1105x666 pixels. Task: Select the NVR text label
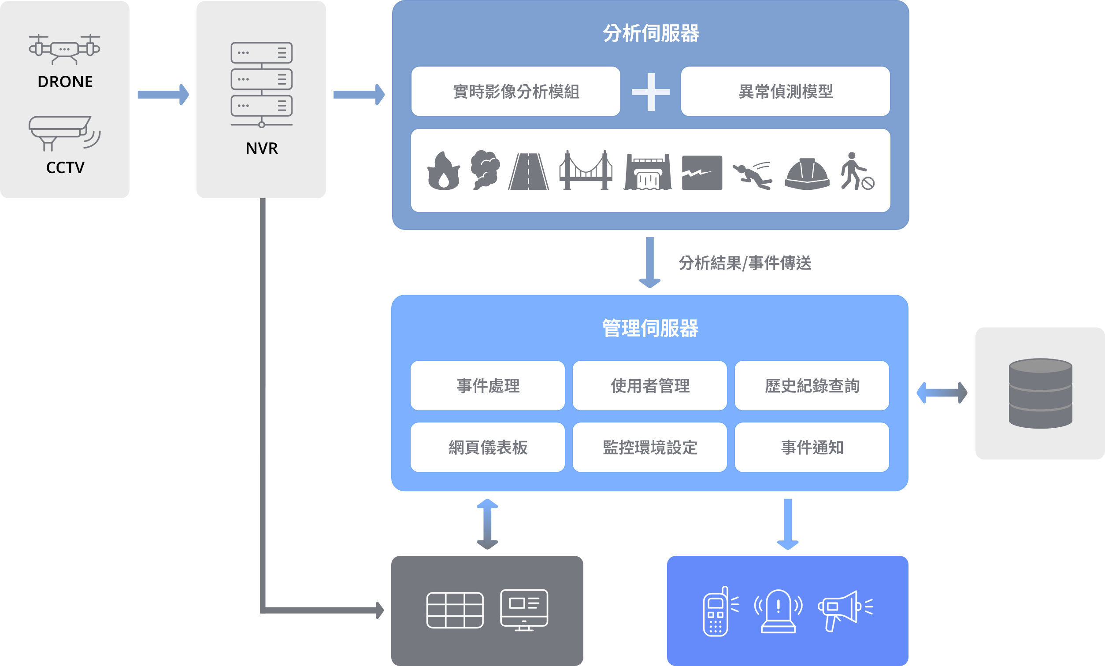[261, 148]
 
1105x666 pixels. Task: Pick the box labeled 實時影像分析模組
[516, 92]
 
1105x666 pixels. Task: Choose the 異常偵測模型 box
[785, 92]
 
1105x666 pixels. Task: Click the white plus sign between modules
[650, 92]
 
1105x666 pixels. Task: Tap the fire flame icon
[444, 171]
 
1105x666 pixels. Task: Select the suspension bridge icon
[586, 171]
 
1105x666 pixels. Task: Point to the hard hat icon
[807, 174]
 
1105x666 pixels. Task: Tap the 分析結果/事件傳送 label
[745, 263]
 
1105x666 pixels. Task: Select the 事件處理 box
[487, 386]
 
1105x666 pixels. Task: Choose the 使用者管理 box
[650, 386]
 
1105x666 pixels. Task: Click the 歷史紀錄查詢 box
[812, 386]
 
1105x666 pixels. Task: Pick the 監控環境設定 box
[650, 447]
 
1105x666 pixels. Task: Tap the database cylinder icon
[1040, 393]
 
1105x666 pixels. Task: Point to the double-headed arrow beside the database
[942, 393]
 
